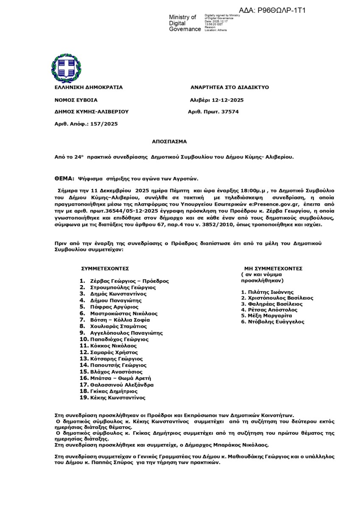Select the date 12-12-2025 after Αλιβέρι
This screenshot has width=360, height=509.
point(228,100)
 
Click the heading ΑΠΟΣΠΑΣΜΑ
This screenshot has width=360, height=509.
point(169,142)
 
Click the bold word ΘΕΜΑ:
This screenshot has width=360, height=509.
point(65,179)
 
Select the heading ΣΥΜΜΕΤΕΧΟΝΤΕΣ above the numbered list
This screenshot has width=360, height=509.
point(105,268)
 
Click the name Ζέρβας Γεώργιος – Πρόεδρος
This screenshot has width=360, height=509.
point(129,281)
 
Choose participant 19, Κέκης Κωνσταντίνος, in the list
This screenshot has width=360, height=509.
point(117,398)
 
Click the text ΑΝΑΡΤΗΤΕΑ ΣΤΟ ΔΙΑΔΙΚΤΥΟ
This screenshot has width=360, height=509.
point(230,87)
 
